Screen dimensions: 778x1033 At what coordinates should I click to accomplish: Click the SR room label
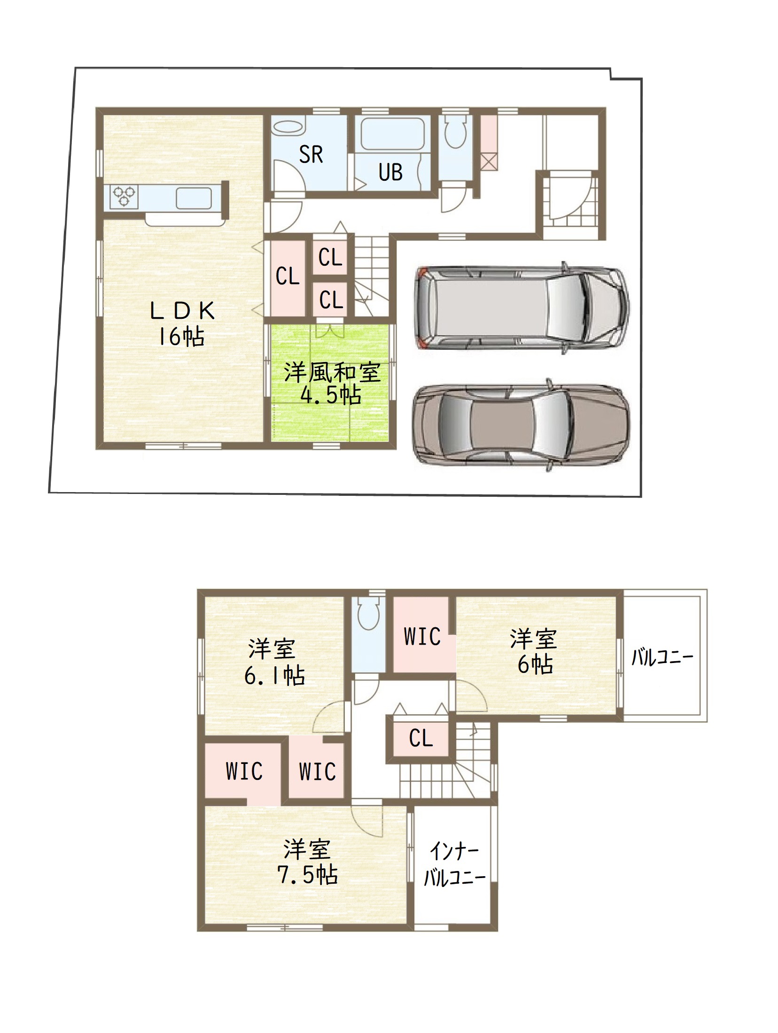[x=311, y=154]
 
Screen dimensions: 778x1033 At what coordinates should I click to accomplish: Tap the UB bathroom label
[x=390, y=172]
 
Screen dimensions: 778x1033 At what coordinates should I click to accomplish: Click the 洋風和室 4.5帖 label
[x=332, y=383]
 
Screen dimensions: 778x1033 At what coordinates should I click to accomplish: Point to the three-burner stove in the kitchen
[x=124, y=196]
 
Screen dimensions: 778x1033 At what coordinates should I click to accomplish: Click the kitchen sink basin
[x=194, y=198]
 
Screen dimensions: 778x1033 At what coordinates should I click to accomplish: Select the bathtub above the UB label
[x=392, y=134]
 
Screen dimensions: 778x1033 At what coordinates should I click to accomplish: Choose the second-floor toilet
[x=368, y=613]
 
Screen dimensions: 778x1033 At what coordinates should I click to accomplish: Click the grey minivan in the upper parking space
[x=521, y=308]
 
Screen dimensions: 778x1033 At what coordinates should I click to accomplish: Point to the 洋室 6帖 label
[x=535, y=651]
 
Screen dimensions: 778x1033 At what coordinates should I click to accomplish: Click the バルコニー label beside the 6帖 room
[x=662, y=657]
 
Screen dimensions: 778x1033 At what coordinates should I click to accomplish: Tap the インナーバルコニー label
[x=454, y=864]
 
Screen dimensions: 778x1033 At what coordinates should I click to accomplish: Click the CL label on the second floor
[x=420, y=738]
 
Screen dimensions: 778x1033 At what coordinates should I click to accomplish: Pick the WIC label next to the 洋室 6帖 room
[x=422, y=636]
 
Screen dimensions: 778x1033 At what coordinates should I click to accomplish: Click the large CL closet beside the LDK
[x=287, y=278]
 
